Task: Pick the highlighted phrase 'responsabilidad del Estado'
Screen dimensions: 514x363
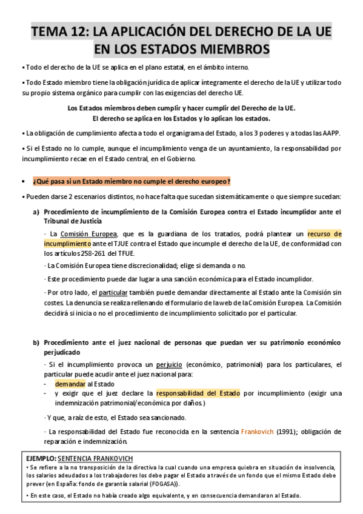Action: [198, 393]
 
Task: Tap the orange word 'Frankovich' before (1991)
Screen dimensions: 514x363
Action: [258, 432]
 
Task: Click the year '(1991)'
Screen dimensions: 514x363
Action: [294, 432]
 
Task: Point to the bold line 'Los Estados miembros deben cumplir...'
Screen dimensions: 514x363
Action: [181, 108]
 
